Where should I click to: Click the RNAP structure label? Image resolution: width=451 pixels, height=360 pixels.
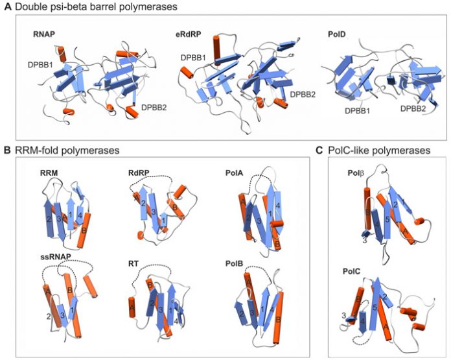click(x=43, y=34)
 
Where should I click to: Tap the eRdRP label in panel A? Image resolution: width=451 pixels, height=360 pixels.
click(x=189, y=34)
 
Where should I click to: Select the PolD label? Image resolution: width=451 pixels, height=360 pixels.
click(x=336, y=34)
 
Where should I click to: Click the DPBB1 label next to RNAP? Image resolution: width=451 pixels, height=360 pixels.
click(x=40, y=65)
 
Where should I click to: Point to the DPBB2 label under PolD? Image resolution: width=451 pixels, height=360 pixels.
click(x=413, y=108)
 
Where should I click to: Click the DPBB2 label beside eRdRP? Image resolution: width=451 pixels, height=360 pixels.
click(x=303, y=94)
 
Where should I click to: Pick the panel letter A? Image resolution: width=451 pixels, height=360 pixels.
click(x=8, y=6)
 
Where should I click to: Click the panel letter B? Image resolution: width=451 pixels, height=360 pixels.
click(x=8, y=150)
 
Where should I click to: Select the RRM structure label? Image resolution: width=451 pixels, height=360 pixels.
click(x=49, y=173)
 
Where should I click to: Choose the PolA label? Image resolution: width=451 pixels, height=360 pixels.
click(x=235, y=173)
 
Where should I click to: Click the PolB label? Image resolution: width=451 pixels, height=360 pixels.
click(x=235, y=263)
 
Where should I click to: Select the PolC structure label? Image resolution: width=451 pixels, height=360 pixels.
click(x=351, y=272)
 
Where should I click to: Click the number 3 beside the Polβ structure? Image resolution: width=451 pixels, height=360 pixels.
click(x=364, y=241)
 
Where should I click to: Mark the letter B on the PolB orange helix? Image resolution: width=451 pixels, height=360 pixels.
click(x=278, y=319)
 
